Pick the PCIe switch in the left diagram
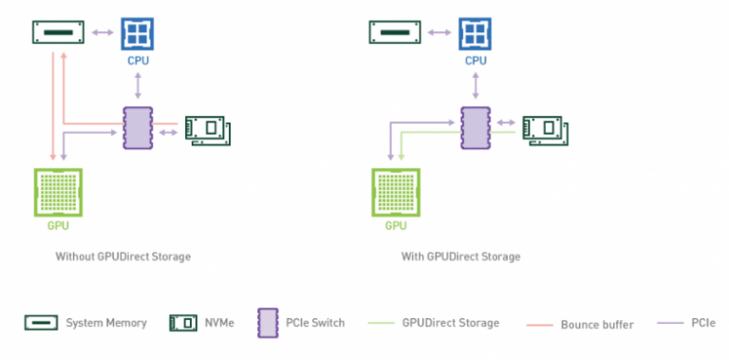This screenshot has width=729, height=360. pos(139,127)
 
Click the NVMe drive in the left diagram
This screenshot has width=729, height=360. pos(207,129)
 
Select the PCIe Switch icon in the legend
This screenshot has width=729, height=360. pos(266,323)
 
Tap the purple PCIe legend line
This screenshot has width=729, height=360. pos(655,324)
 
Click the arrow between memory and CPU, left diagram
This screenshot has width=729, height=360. pos(102,33)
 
